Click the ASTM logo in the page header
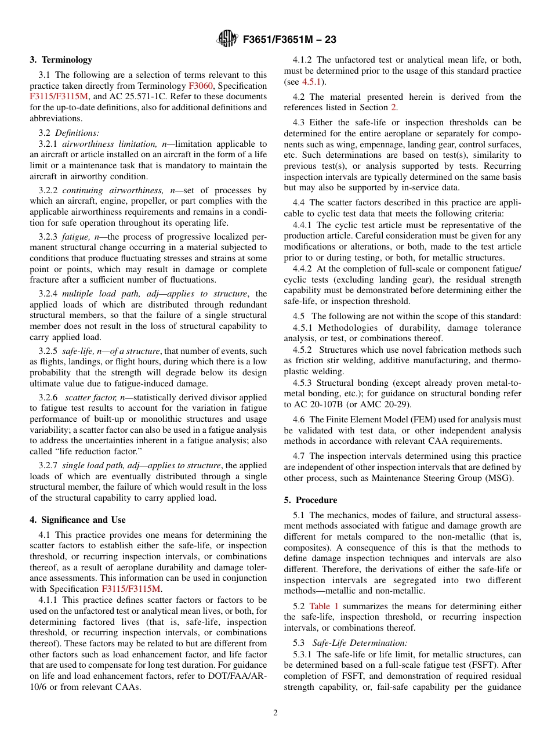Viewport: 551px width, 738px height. [x=227, y=39]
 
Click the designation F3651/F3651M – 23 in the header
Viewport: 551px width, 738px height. [x=289, y=39]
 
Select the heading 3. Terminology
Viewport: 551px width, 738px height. [x=61, y=60]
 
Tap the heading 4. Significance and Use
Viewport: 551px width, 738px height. [x=78, y=520]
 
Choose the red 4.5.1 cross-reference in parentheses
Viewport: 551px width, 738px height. [x=312, y=82]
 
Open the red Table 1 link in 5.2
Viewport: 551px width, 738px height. [x=324, y=606]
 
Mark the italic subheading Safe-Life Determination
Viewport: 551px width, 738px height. [x=360, y=643]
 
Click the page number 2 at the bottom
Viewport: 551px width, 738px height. [x=275, y=713]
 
